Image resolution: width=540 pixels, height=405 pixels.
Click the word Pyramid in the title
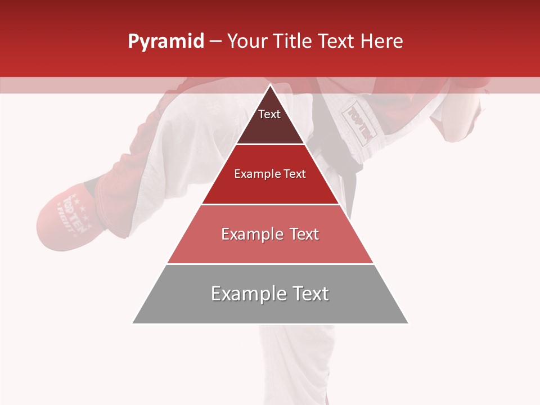165,42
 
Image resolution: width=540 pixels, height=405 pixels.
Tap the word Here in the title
381,42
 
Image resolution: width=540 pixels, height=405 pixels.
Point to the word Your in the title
247,42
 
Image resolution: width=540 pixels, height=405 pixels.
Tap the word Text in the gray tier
310,294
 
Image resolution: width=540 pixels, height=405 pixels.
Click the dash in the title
215,42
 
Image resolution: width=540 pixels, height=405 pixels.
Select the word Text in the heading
336,42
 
